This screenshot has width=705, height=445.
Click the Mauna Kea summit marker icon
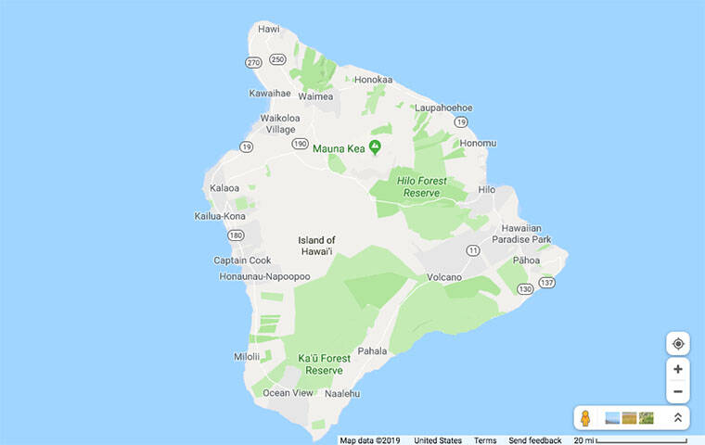(375, 147)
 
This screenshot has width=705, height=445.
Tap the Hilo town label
(486, 189)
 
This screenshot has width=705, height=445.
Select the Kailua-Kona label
(220, 216)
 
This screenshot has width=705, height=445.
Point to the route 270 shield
(252, 62)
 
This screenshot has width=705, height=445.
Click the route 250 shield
(277, 59)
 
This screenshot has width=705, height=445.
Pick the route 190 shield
(299, 144)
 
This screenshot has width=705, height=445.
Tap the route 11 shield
(473, 250)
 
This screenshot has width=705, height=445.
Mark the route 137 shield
(548, 282)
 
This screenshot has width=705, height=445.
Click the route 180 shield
(236, 235)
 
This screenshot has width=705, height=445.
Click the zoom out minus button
(678, 391)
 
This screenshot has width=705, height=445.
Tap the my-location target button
(678, 344)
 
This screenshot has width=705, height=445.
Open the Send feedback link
(535, 440)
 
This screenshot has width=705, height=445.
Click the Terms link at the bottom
(485, 440)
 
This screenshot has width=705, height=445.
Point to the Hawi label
(269, 29)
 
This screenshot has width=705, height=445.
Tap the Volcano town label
(444, 277)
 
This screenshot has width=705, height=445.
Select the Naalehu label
(340, 393)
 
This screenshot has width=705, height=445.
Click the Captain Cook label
(242, 261)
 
